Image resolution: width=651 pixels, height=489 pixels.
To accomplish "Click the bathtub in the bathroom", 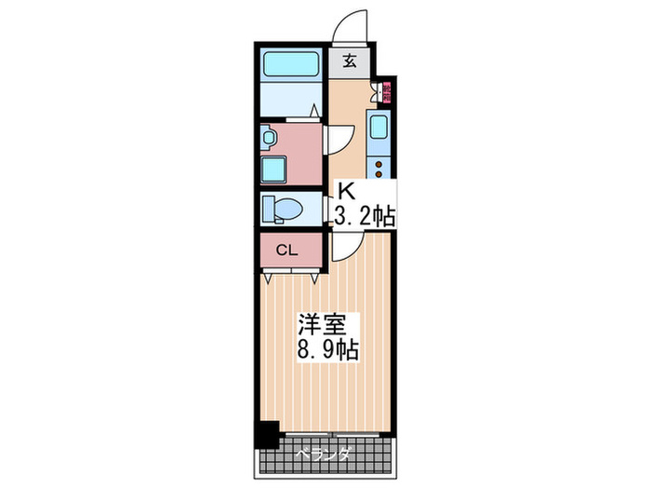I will coord(290,63).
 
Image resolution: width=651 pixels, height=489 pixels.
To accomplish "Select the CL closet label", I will coord(287,250).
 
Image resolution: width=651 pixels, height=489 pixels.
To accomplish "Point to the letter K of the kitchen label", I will coord(346,191).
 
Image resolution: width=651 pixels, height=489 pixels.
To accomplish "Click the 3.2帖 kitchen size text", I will coord(365,216).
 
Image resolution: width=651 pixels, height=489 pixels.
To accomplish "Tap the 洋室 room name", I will coord(322,326).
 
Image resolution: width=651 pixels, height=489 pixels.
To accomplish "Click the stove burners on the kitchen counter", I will coord(379,167).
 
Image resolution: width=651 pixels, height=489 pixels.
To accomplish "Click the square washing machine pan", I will coord(275,169).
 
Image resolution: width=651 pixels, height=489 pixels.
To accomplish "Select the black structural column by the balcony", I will coord(268,434).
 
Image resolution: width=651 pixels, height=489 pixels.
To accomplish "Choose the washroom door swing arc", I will coord(337,139).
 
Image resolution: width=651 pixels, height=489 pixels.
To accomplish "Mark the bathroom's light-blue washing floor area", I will coord(290,98).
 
